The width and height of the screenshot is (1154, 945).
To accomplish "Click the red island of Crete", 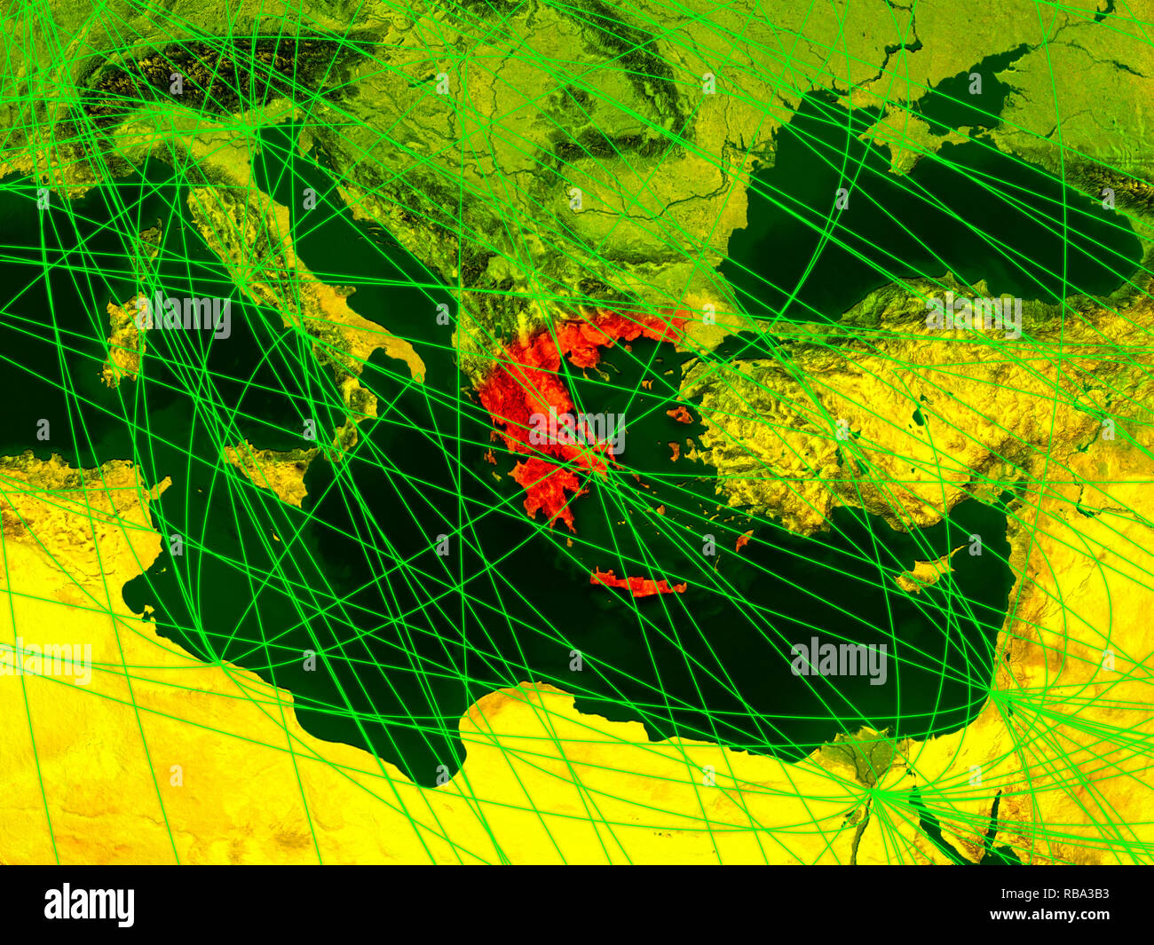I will pos(636,584).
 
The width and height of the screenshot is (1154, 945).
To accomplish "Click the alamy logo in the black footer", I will pos(89,905).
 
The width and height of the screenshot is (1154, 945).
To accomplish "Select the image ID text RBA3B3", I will pos(1066,895).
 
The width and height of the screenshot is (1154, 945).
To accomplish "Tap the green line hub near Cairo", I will pos(874,793).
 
